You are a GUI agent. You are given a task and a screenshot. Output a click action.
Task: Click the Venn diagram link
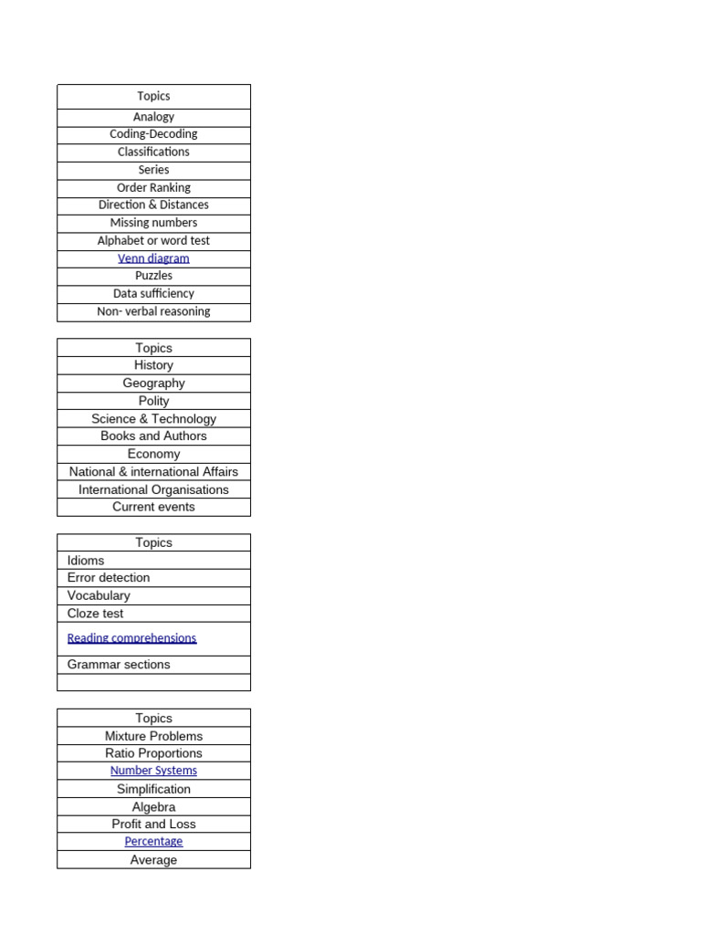click(x=153, y=258)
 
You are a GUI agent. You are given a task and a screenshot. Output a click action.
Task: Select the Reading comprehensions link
click(x=131, y=638)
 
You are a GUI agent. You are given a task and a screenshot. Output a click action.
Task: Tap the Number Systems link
click(x=153, y=771)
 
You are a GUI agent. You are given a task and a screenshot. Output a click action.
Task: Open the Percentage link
click(x=153, y=842)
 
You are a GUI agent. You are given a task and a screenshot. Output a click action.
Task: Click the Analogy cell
click(x=153, y=117)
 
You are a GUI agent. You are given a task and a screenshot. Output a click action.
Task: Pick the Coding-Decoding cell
click(x=153, y=134)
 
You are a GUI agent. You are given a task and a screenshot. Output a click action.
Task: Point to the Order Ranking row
click(x=153, y=187)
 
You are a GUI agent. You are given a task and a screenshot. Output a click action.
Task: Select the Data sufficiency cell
click(x=153, y=294)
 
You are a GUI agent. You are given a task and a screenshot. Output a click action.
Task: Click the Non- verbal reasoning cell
click(x=153, y=311)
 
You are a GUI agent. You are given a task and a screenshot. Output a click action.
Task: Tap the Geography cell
click(x=153, y=383)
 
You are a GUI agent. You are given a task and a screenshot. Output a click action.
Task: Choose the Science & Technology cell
click(x=153, y=419)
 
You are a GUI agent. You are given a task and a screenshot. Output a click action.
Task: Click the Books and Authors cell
click(x=153, y=436)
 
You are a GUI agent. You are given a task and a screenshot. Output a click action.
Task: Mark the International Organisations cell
click(x=153, y=489)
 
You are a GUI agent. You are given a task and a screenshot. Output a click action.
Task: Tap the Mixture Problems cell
click(x=153, y=736)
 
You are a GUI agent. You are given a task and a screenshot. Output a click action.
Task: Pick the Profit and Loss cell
click(x=153, y=825)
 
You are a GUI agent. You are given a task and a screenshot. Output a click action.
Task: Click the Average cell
click(x=153, y=860)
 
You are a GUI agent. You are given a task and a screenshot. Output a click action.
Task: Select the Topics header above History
click(x=153, y=348)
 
